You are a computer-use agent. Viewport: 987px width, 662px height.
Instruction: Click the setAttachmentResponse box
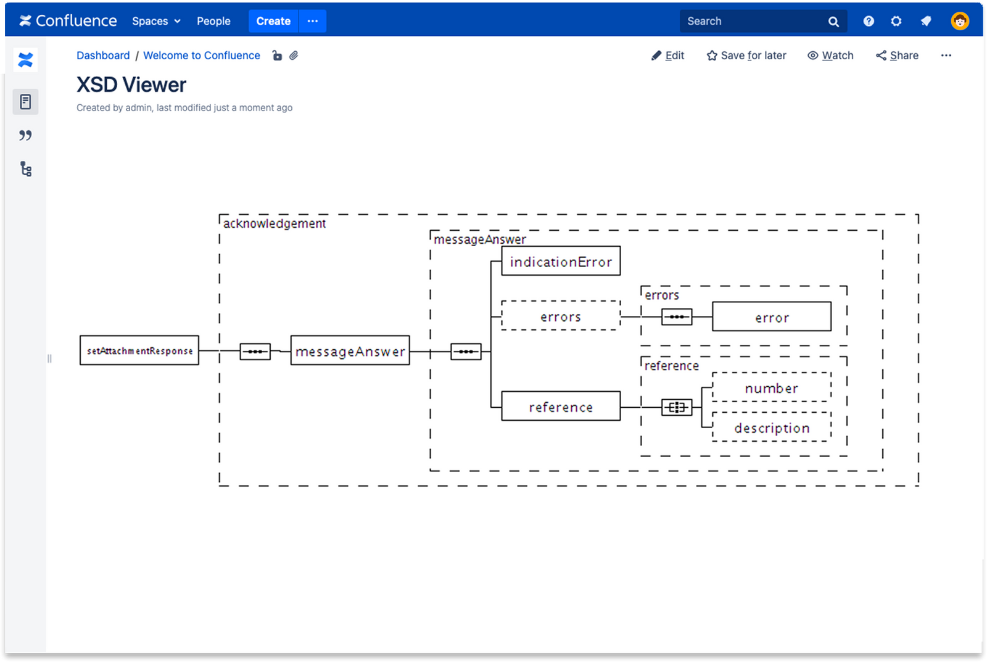139,350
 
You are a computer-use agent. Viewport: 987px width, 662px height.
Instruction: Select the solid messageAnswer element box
350,350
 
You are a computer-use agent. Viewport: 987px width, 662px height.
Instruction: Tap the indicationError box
561,261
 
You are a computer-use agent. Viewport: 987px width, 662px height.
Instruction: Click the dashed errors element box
561,316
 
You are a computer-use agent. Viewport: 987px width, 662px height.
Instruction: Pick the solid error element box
771,317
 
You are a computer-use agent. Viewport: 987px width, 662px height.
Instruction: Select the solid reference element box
561,406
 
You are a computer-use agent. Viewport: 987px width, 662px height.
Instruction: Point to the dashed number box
771,387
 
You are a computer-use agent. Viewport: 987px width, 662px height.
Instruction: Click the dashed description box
771,428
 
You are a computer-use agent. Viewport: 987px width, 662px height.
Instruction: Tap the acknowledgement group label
275,223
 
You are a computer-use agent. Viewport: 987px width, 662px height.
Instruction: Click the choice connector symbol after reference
677,407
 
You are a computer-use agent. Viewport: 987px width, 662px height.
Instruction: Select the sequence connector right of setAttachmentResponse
255,352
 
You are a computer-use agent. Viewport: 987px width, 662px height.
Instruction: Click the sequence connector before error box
677,317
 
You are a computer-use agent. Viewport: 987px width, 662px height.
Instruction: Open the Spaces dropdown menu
156,21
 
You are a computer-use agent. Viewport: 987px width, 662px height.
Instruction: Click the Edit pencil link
668,56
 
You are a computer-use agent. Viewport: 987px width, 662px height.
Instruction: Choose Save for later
746,56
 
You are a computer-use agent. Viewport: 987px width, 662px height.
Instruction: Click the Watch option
830,56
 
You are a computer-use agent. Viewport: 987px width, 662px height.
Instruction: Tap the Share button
897,56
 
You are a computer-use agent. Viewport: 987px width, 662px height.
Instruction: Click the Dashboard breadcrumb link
103,56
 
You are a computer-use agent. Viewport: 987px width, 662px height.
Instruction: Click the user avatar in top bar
959,21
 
